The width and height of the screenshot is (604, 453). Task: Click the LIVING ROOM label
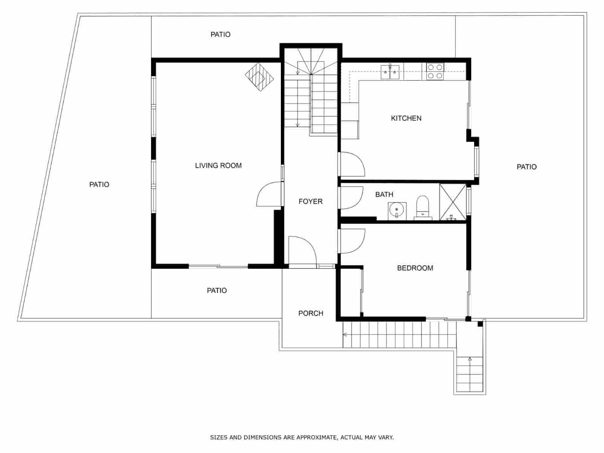point(218,166)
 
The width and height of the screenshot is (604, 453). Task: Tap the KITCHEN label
point(406,118)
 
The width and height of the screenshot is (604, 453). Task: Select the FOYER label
point(310,201)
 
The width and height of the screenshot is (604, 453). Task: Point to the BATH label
point(384,194)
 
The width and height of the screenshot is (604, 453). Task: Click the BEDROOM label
point(415,268)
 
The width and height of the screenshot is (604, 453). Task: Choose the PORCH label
point(311,313)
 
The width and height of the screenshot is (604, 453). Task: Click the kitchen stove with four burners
point(435,71)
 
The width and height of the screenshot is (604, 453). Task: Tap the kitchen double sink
point(390,72)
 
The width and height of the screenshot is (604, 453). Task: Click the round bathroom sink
point(397,211)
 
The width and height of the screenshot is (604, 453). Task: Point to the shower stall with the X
point(453,202)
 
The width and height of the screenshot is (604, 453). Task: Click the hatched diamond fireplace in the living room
point(259,77)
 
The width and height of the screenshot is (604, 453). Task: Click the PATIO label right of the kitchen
point(526,167)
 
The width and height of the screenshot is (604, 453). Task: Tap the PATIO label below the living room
point(217,290)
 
